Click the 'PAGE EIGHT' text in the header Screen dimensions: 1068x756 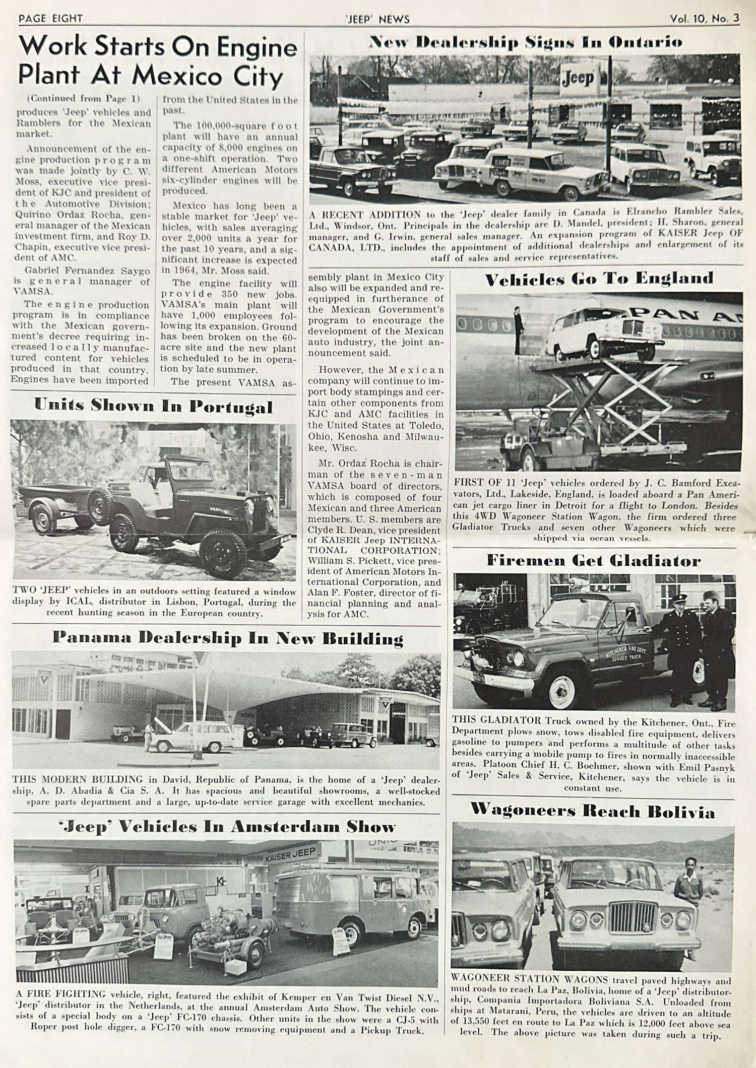tap(50, 19)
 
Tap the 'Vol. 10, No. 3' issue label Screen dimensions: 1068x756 tap(705, 19)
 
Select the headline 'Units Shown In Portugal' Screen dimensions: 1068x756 tap(153, 407)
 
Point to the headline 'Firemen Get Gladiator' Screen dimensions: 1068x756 tap(593, 561)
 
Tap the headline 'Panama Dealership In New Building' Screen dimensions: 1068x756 tap(228, 639)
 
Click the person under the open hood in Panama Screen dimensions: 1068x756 tap(149, 731)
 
